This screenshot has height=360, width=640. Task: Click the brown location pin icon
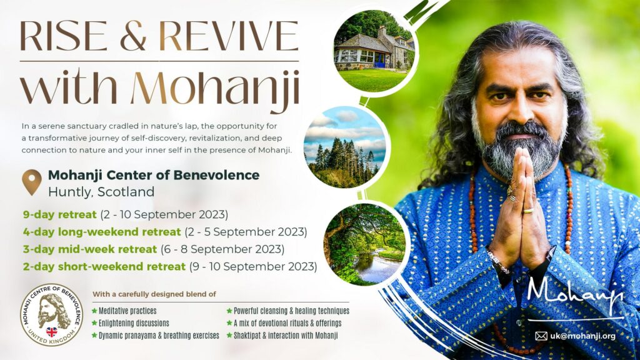tap(31, 182)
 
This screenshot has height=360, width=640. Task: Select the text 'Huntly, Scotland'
tap(101, 192)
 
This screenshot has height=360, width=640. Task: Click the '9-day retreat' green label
tap(59, 215)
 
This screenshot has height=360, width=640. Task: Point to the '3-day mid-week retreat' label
tap(90, 249)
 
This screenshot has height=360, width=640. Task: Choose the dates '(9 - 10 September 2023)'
tap(253, 266)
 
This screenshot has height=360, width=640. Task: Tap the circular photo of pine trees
tap(345, 147)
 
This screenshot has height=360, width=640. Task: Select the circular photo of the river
tap(364, 244)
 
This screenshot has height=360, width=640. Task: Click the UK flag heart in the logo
tap(52, 331)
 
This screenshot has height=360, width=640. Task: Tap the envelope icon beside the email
tap(541, 336)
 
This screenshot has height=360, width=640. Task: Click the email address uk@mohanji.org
tap(582, 336)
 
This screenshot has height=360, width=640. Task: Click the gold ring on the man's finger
tap(528, 211)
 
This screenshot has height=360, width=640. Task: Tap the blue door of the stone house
tap(379, 60)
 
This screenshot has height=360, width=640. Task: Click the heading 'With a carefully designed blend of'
tap(154, 294)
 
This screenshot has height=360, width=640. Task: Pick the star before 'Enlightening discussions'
tap(95, 323)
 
